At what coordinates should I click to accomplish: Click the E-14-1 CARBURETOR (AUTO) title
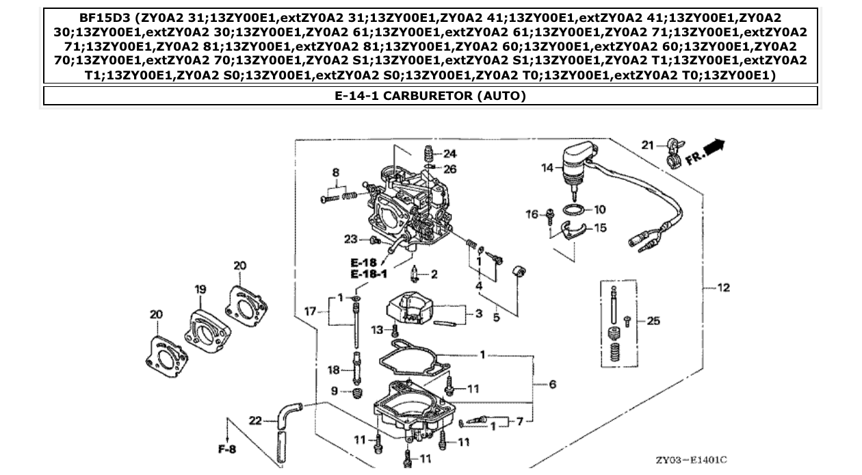[430, 96]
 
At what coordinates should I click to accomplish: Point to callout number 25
[653, 320]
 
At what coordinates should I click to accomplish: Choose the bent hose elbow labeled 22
[287, 415]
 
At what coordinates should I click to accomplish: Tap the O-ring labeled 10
[573, 209]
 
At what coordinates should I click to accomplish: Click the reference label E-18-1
[369, 274]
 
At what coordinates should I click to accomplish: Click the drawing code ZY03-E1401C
[691, 461]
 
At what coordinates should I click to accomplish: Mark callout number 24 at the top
[449, 153]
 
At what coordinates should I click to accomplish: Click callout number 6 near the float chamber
[552, 385]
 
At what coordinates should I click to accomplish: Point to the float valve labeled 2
[415, 275]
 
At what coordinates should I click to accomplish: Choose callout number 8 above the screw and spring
[336, 172]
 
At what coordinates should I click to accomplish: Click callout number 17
[310, 312]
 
